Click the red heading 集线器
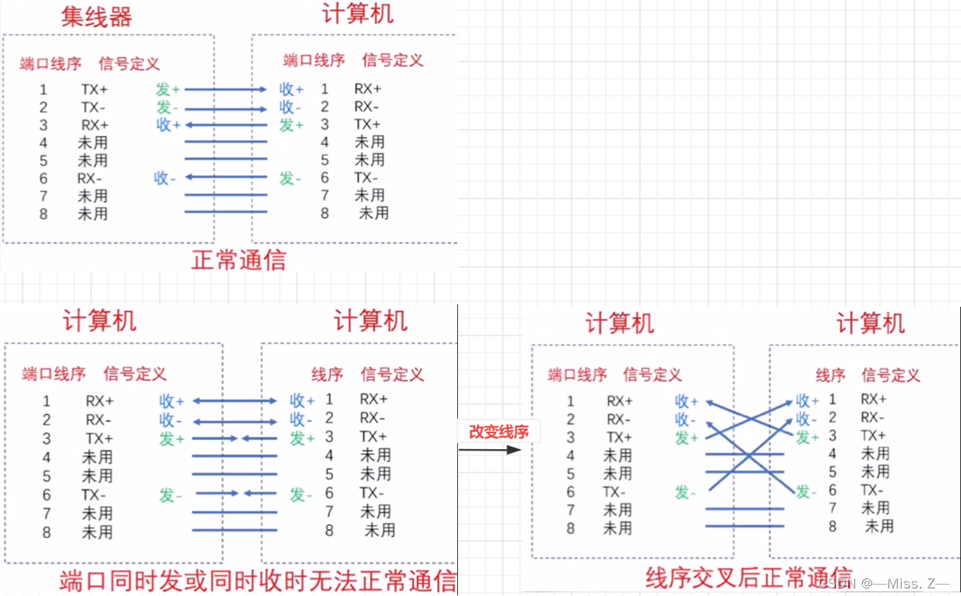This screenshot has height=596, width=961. click(97, 16)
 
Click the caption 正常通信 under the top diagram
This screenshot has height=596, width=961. click(239, 260)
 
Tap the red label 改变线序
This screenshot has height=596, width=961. click(498, 432)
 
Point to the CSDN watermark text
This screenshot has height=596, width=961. click(884, 582)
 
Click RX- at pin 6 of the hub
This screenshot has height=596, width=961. click(89, 179)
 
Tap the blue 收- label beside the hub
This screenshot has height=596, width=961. click(165, 178)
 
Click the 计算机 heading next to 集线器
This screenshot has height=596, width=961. click(358, 14)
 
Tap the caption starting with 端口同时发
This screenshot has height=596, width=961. click(258, 581)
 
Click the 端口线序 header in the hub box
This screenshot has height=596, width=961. click(50, 63)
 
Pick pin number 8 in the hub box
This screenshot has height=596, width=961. click(43, 214)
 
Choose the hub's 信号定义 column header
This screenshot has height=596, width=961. click(129, 63)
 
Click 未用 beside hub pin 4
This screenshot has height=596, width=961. click(92, 143)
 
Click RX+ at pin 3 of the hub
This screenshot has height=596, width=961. click(94, 125)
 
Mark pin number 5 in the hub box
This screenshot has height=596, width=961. click(43, 161)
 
